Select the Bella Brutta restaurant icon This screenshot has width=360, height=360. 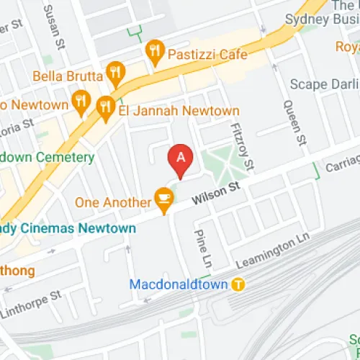click(x=114, y=71)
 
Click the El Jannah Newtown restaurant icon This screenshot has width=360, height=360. click(x=106, y=106)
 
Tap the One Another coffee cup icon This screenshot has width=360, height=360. click(x=164, y=197)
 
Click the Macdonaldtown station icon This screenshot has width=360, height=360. click(x=238, y=284)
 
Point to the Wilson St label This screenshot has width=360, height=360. click(x=215, y=193)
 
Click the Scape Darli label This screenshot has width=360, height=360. click(x=323, y=84)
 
